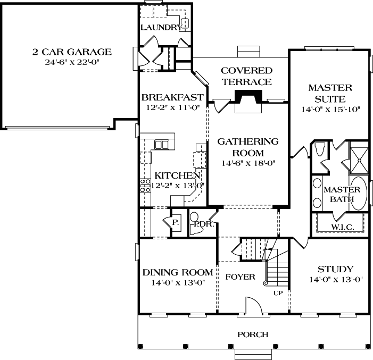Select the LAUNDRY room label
[159, 27]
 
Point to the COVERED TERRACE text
[246, 76]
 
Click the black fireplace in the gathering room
[249, 99]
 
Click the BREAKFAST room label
[172, 97]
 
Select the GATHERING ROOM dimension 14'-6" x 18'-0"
[248, 164]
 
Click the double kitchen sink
[161, 144]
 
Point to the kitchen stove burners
[144, 186]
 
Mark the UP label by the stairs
[277, 293]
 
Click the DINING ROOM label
[177, 272]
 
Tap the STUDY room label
[335, 269]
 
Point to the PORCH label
[253, 334]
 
